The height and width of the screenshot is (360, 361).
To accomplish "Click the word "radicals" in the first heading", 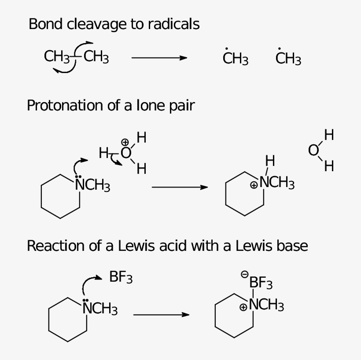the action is (x=173, y=24).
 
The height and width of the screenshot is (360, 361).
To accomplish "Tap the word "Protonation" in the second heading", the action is (x=65, y=106).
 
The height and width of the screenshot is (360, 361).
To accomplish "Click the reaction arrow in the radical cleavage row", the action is (x=159, y=58).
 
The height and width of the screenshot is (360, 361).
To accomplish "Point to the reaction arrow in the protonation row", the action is (x=180, y=187).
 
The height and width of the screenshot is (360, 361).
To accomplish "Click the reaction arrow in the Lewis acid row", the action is (x=161, y=315).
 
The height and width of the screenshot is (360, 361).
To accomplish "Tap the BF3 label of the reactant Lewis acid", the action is (x=121, y=277).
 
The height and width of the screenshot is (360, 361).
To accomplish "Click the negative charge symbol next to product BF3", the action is (x=244, y=274).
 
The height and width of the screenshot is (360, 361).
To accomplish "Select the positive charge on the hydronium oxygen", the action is (x=125, y=142).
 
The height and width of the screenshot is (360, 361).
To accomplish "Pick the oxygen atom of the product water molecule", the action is (x=313, y=151).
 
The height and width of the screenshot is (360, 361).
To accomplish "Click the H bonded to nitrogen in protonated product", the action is (x=270, y=161).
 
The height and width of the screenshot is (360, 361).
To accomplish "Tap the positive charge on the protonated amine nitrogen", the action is (x=254, y=185).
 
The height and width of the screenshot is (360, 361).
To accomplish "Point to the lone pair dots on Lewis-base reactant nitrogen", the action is (x=85, y=300).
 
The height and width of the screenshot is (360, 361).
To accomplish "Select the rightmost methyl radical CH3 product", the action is (x=288, y=58).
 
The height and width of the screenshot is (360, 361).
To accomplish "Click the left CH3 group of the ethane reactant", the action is (x=57, y=57).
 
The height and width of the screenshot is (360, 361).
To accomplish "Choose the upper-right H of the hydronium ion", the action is (x=141, y=137).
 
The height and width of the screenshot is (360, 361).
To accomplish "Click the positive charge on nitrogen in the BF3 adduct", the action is (x=243, y=307).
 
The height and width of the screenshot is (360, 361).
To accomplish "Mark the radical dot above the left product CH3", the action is (x=226, y=49).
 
